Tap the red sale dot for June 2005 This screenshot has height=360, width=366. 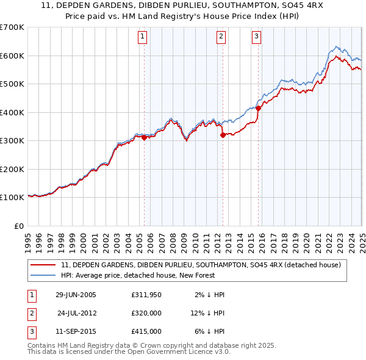(145, 138)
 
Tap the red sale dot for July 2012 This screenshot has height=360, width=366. (223, 135)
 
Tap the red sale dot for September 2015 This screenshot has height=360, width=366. (258, 109)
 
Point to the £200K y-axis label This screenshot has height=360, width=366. (13, 169)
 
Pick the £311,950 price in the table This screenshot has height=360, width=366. (146, 295)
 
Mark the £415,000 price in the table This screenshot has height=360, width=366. (146, 331)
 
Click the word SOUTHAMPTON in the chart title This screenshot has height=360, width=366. (224, 7)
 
